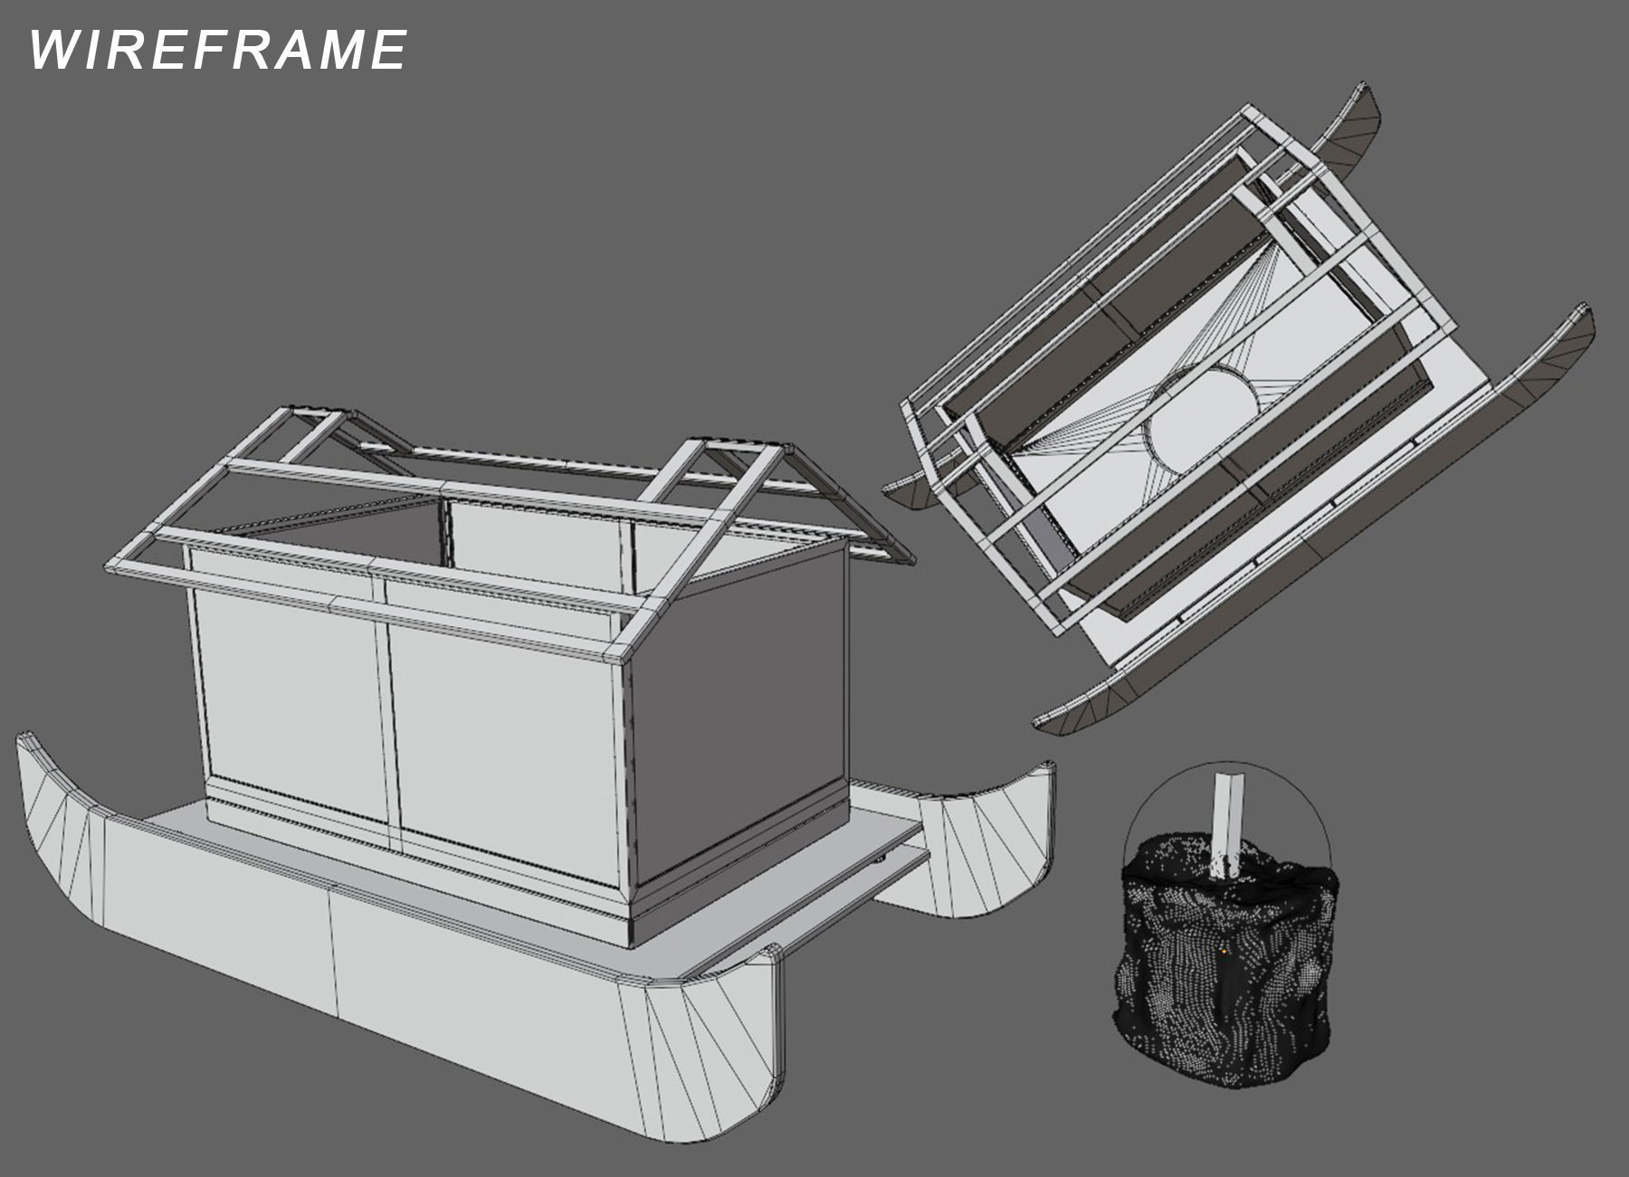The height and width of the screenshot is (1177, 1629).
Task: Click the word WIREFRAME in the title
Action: coord(217,49)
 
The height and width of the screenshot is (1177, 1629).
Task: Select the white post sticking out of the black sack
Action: coord(1231,819)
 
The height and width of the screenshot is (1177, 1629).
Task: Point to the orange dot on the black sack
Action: coord(1224,951)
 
